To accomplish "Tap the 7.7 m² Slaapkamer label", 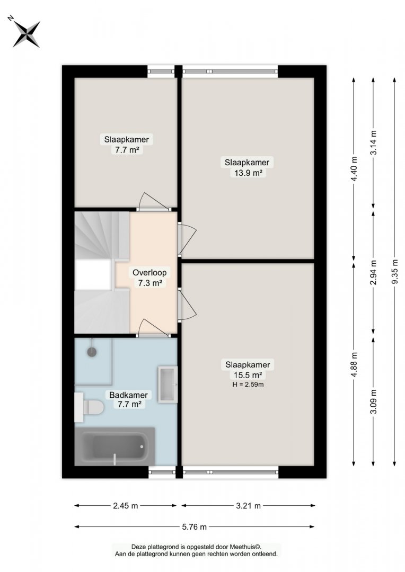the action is pyautogui.click(x=126, y=144).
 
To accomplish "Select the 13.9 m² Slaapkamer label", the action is pyautogui.click(x=247, y=167).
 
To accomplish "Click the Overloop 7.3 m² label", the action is pyautogui.click(x=149, y=277).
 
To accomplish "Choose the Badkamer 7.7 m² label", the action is pyautogui.click(x=129, y=399).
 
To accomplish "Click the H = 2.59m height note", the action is pyautogui.click(x=248, y=385).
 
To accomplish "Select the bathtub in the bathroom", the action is pyautogui.click(x=115, y=446).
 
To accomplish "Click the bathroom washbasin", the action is pyautogui.click(x=168, y=385).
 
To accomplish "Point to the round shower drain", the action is pyautogui.click(x=92, y=352).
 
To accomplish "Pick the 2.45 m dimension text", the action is pyautogui.click(x=126, y=506).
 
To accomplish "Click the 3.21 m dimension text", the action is pyautogui.click(x=248, y=506).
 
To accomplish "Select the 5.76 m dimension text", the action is pyautogui.click(x=194, y=527).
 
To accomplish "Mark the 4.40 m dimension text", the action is pyautogui.click(x=354, y=169).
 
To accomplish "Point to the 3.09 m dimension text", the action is pyautogui.click(x=373, y=402).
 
